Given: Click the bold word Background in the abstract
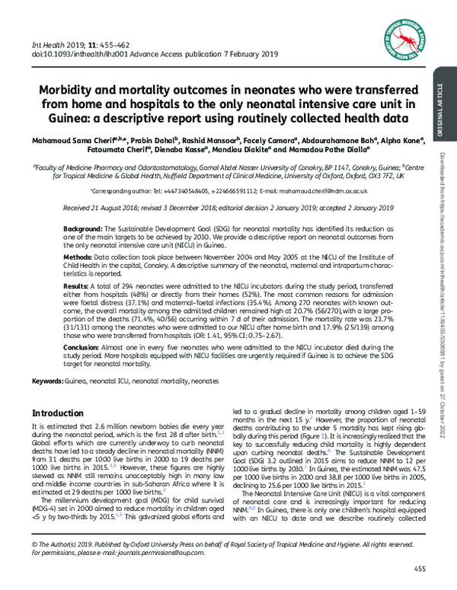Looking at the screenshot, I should (62, 228).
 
